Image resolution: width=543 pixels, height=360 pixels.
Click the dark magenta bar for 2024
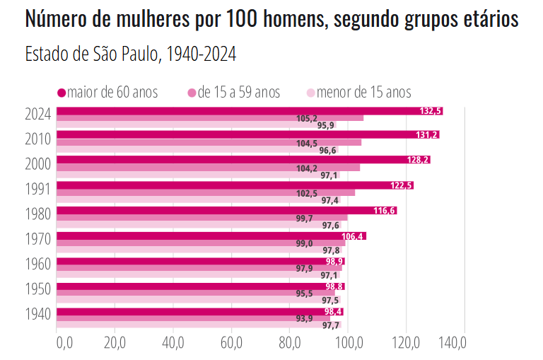[247, 111]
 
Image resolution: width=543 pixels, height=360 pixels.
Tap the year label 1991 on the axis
[37, 189]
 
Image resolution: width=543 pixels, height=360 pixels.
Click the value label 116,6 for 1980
[384, 211]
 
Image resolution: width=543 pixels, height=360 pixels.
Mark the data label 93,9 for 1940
[305, 319]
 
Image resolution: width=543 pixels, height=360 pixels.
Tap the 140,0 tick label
[453, 344]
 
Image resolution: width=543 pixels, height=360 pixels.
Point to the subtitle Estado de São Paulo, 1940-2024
[130, 54]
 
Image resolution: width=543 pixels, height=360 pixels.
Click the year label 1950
[37, 290]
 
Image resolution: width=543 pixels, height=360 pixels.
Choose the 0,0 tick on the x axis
[64, 344]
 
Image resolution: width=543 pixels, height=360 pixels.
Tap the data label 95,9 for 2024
[326, 126]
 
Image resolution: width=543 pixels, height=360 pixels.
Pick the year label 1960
[37, 265]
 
